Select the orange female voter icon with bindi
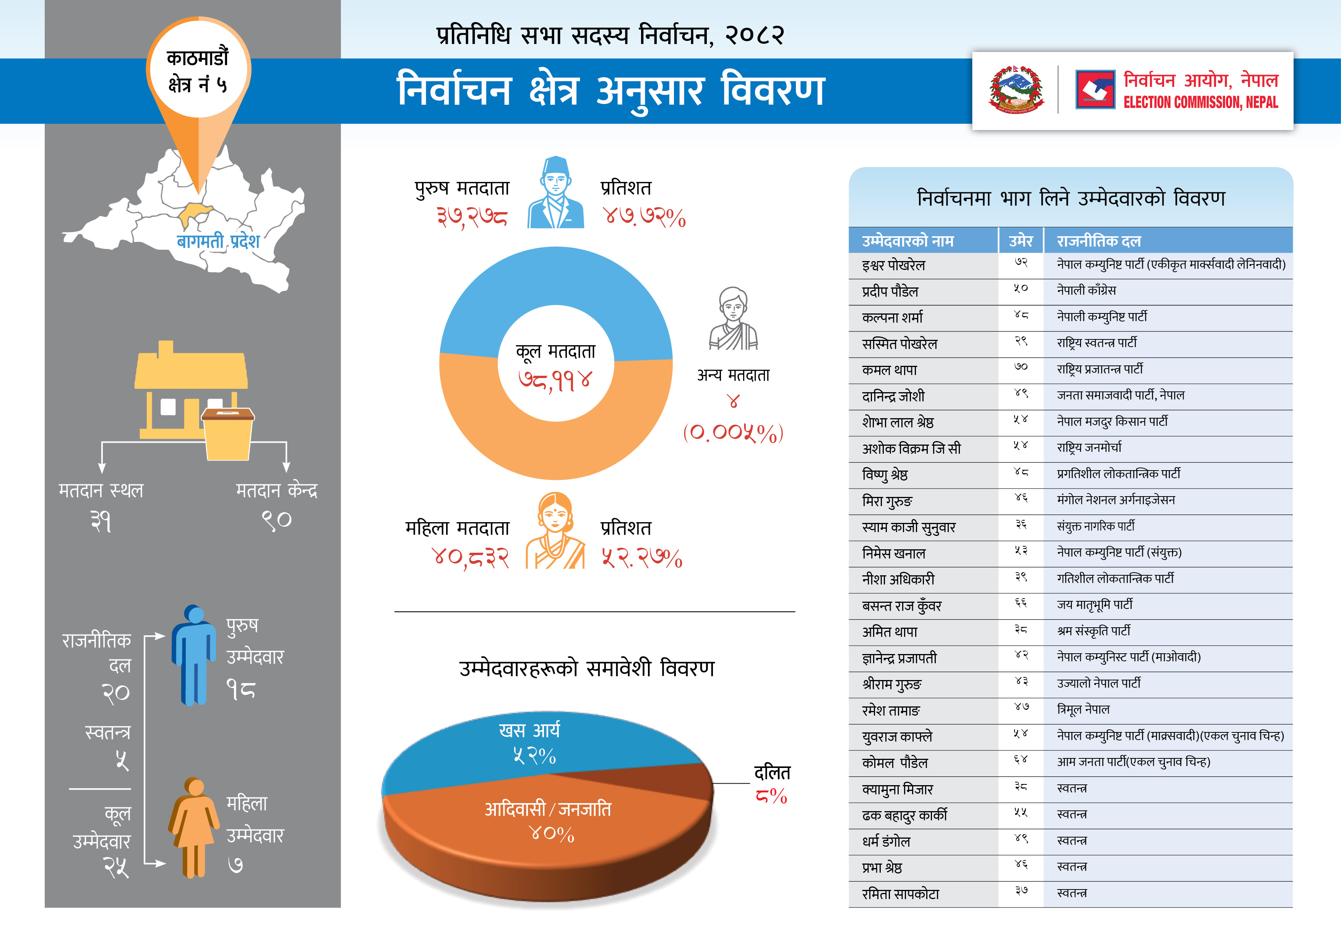[x=555, y=532]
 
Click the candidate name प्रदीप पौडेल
[x=890, y=291]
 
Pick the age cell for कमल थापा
[x=1020, y=368]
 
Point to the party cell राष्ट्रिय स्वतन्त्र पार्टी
[x=1096, y=343]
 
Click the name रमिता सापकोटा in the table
[x=900, y=894]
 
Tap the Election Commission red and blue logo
[x=1095, y=90]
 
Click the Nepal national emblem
[x=1016, y=90]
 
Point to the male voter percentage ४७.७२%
[x=644, y=217]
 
